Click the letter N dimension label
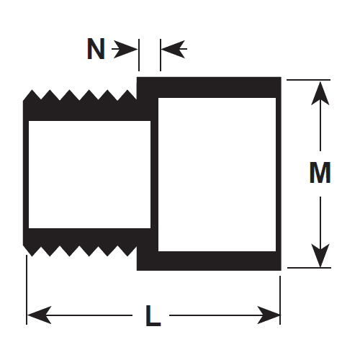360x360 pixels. pyautogui.click(x=96, y=49)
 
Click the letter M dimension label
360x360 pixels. pyautogui.click(x=320, y=173)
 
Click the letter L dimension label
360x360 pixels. pyautogui.click(x=153, y=315)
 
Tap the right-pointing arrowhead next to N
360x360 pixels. pyautogui.click(x=125, y=50)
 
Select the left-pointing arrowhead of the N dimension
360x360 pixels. pyautogui.click(x=173, y=49)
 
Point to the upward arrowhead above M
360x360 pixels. pyautogui.click(x=320, y=94)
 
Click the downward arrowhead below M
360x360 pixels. pyautogui.click(x=320, y=256)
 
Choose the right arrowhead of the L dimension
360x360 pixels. pyautogui.click(x=269, y=315)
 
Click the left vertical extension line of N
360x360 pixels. pyautogui.click(x=139, y=55)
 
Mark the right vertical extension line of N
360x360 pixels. pyautogui.click(x=161, y=55)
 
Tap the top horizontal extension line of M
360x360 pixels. pyautogui.click(x=308, y=80)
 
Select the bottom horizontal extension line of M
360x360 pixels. pyautogui.click(x=309, y=268)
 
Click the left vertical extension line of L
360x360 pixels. pyautogui.click(x=27, y=289)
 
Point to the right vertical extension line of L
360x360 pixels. pyautogui.click(x=280, y=300)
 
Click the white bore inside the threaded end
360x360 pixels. pyautogui.click(x=89, y=174)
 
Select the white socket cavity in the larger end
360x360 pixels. pyautogui.click(x=217, y=174)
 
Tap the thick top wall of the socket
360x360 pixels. pyautogui.click(x=209, y=87)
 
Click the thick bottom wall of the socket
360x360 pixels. pyautogui.click(x=209, y=261)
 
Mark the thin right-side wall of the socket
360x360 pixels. pyautogui.click(x=279, y=174)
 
